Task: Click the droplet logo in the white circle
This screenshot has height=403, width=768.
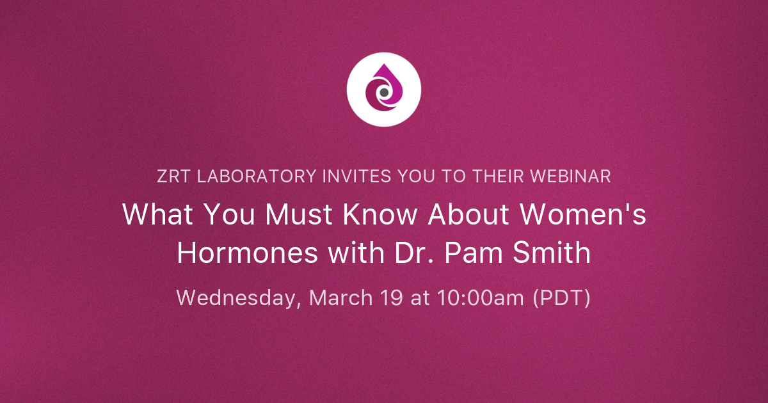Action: point(384,90)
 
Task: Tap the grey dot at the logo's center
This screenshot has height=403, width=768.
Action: point(384,93)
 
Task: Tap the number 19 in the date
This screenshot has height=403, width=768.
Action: point(392,298)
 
